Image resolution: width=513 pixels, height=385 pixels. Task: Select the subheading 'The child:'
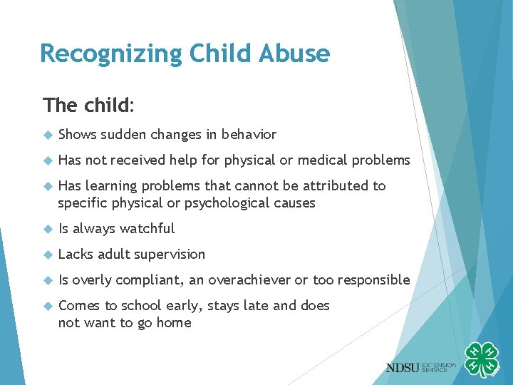(x=88, y=106)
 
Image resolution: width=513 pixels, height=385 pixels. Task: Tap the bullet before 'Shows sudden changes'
(x=48, y=135)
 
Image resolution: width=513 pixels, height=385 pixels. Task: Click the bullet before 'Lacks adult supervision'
(x=48, y=255)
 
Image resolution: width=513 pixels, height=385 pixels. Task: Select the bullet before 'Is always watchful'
(x=48, y=229)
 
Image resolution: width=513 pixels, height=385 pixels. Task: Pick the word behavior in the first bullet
(x=249, y=135)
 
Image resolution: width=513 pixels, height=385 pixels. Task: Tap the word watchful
(x=147, y=229)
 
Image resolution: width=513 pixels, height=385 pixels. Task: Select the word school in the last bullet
(x=141, y=306)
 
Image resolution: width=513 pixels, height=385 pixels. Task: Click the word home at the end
(x=175, y=323)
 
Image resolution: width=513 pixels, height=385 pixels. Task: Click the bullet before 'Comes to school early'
(x=48, y=306)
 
